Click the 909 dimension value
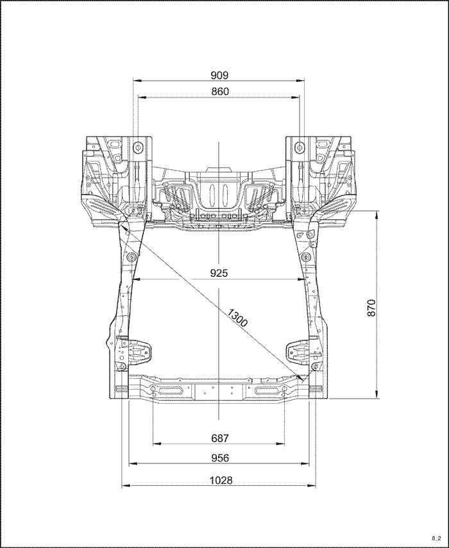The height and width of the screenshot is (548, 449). (x=219, y=75)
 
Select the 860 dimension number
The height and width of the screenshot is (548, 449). (x=220, y=92)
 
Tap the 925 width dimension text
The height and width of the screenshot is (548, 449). (x=219, y=273)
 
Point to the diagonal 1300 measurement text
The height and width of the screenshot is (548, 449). (x=237, y=317)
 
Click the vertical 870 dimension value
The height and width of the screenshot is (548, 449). (x=371, y=308)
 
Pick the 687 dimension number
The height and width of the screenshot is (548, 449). (x=220, y=438)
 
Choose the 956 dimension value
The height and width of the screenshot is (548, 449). (x=220, y=458)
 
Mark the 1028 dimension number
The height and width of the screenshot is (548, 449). (x=221, y=480)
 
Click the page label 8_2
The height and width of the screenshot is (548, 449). (x=436, y=538)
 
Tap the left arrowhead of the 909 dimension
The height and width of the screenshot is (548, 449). (x=137, y=81)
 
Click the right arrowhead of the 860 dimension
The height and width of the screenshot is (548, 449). (x=296, y=97)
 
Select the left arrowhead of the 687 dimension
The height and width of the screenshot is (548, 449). (x=157, y=444)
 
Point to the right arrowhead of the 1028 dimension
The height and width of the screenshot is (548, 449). (x=312, y=486)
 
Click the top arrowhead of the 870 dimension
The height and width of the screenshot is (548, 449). (x=377, y=214)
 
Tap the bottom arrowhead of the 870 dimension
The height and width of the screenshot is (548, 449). (x=377, y=394)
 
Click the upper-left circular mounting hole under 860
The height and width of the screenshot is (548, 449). (x=138, y=147)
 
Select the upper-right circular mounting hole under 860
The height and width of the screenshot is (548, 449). (x=300, y=147)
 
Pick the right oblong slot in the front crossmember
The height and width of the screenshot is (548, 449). (x=268, y=390)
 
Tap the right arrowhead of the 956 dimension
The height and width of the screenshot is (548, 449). (x=305, y=463)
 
